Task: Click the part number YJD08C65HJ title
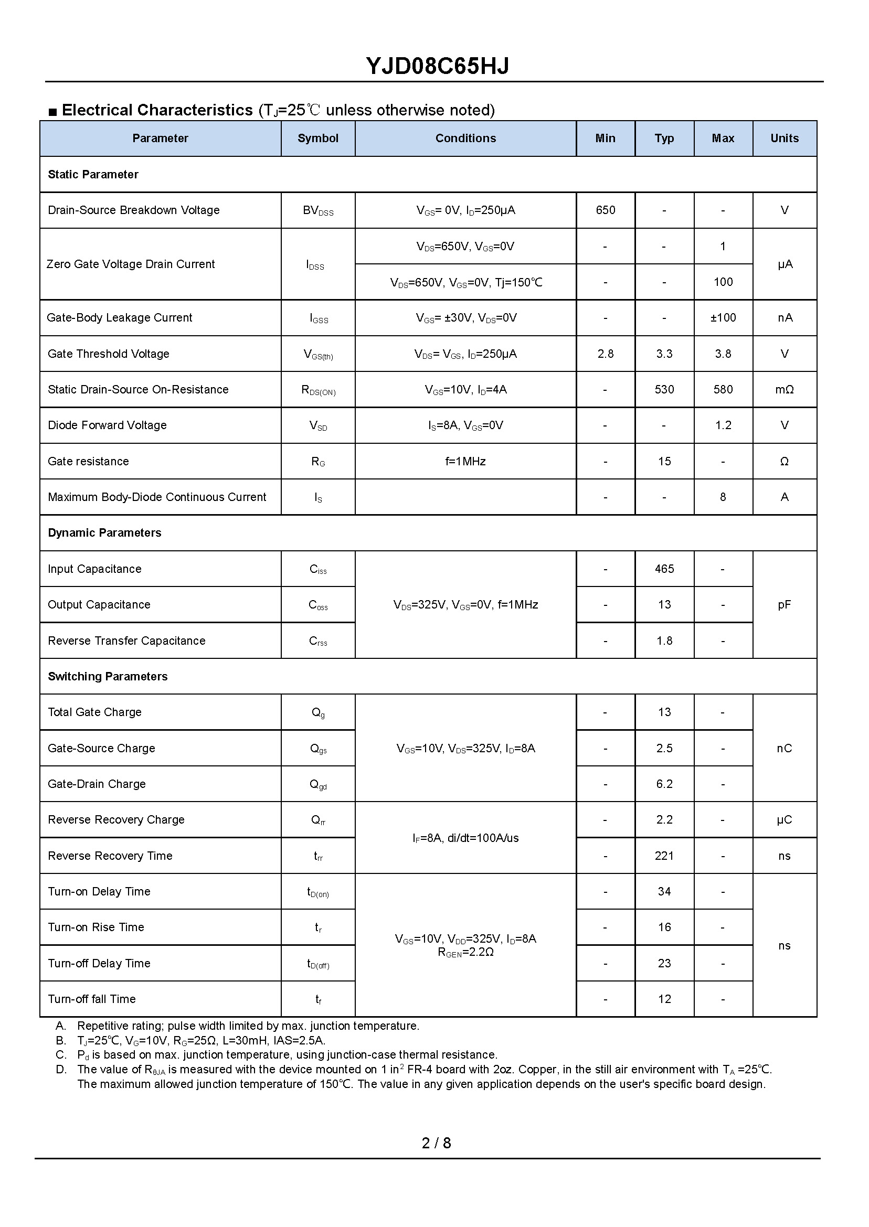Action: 437,66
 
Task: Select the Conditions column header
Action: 465,138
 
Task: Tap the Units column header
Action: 784,138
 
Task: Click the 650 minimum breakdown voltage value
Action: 605,210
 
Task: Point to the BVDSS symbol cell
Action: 318,211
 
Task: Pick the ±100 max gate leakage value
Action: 723,318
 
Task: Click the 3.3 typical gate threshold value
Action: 664,354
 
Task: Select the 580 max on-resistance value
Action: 723,389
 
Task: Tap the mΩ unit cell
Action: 784,389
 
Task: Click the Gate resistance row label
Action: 88,461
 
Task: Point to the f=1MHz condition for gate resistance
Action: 465,461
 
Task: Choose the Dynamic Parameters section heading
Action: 104,533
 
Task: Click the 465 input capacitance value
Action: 664,569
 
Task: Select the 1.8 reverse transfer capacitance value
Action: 664,641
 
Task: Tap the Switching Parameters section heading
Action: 108,676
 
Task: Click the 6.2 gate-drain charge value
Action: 664,784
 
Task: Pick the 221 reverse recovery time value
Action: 664,856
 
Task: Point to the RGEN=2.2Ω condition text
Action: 465,953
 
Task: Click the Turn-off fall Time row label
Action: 91,999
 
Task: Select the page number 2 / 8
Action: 436,1143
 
